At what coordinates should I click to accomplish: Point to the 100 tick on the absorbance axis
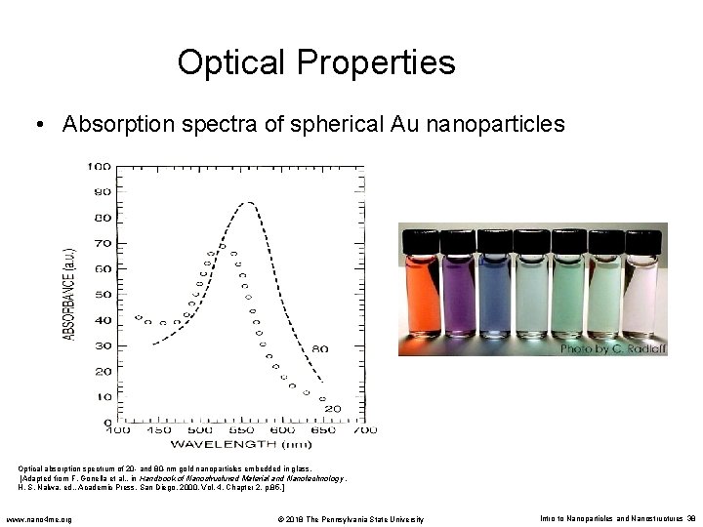[99, 166]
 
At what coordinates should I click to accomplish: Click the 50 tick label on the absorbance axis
[102, 294]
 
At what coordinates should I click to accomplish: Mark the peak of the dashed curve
[251, 203]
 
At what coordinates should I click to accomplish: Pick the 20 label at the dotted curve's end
[332, 408]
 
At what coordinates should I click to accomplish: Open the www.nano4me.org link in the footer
[45, 518]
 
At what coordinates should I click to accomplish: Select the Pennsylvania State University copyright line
[351, 518]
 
